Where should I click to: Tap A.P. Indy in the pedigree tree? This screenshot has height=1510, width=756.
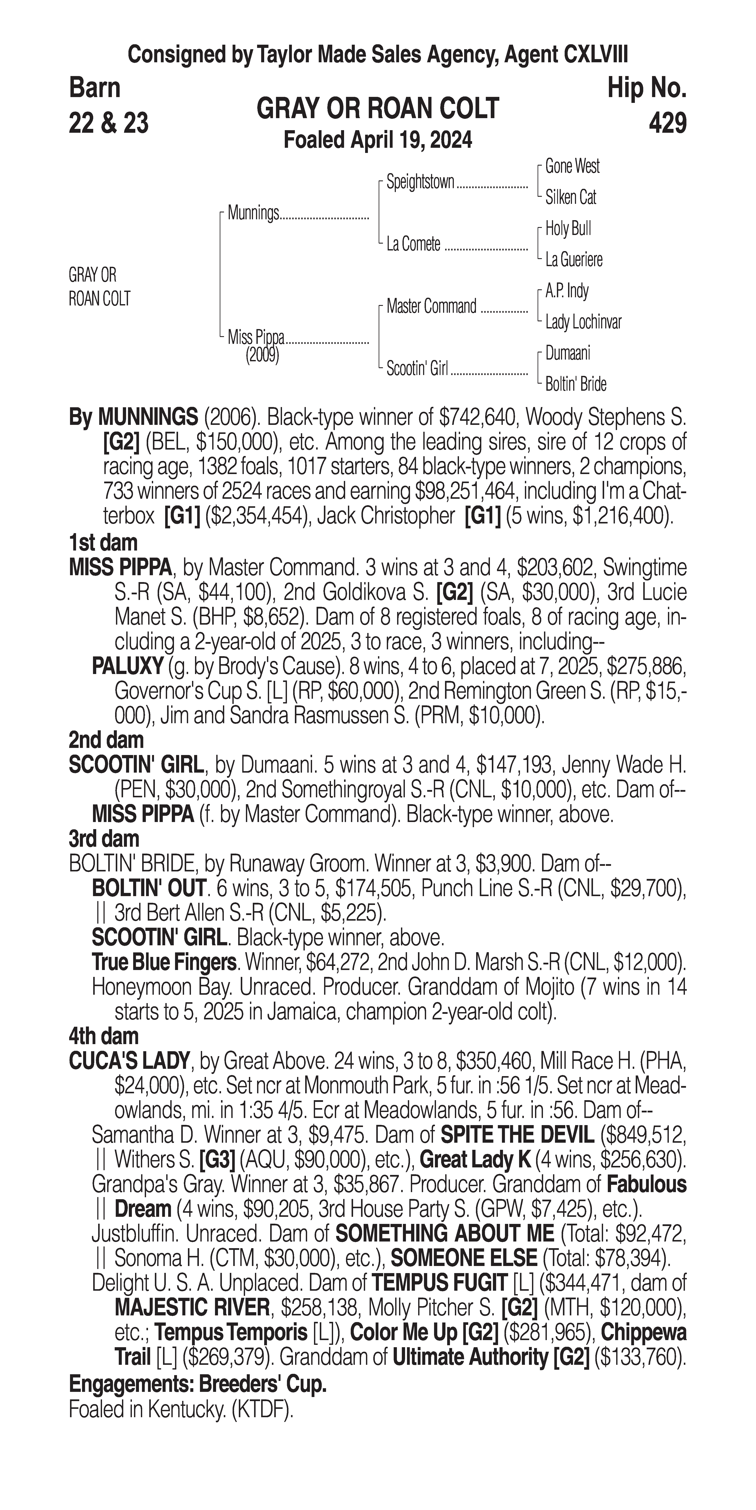[x=567, y=291]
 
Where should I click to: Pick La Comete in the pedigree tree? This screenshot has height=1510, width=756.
[x=413, y=244]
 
